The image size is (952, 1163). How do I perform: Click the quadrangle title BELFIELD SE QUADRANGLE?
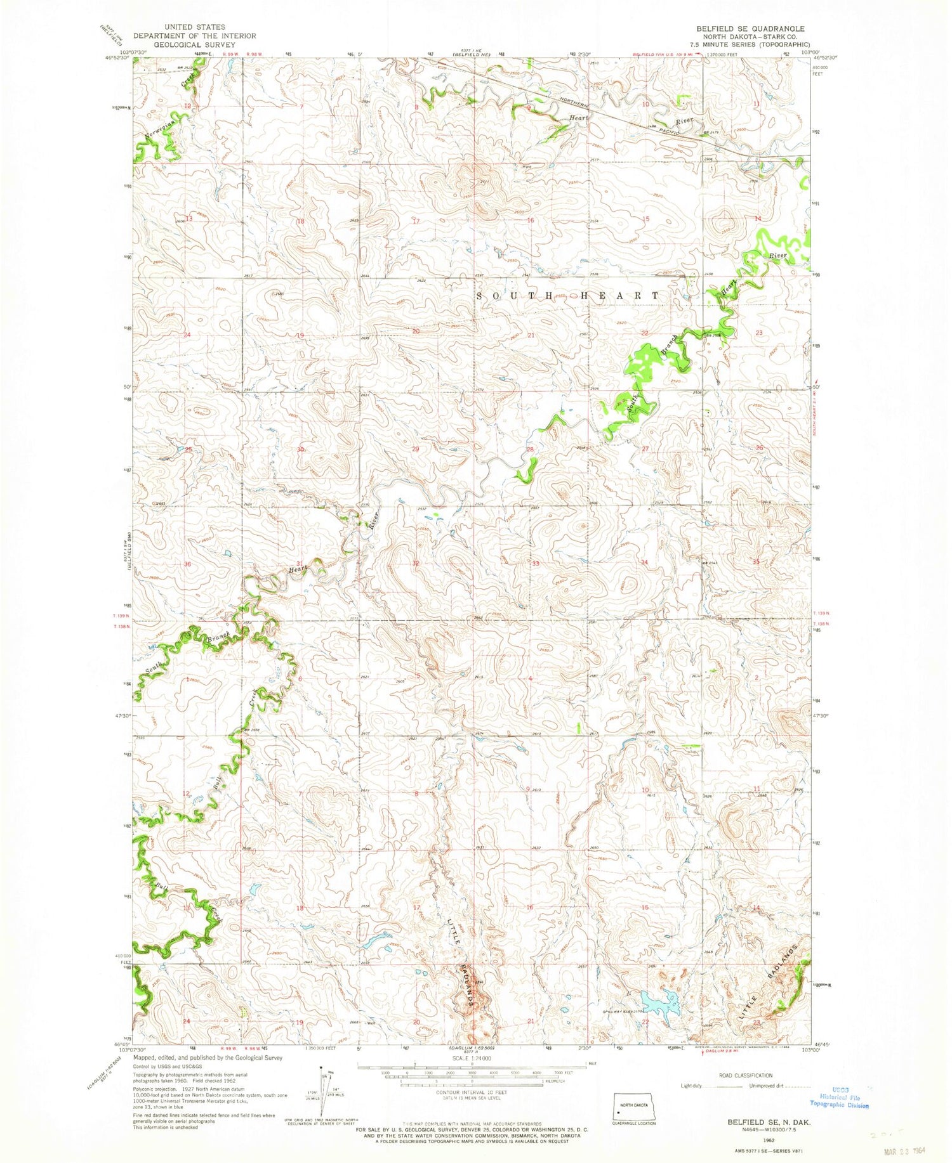click(750, 29)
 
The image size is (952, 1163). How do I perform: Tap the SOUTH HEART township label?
click(568, 296)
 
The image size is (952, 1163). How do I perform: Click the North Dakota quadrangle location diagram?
click(632, 1103)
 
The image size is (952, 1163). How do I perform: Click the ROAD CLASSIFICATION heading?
click(746, 1075)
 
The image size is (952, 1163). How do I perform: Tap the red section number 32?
click(416, 563)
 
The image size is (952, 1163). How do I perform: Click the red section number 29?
click(416, 449)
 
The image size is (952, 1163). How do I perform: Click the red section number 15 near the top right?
click(645, 219)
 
